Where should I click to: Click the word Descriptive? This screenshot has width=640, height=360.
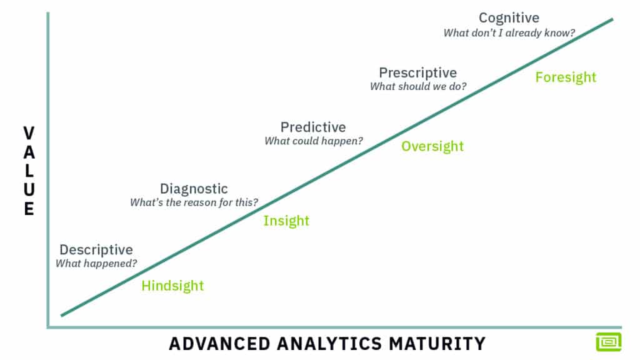point(96,250)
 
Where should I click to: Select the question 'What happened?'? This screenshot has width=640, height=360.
point(96,264)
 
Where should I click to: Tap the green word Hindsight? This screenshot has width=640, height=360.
point(172,286)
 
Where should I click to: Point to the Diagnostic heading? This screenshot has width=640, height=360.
point(194,189)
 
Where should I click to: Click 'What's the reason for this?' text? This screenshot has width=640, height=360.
point(194,202)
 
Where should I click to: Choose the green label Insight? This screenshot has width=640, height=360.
point(286,221)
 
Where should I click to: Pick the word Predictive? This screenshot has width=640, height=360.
point(312,127)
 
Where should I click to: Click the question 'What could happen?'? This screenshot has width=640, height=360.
point(313,141)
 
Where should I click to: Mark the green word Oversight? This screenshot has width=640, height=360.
point(432,146)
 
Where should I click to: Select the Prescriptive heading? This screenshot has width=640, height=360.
point(417,73)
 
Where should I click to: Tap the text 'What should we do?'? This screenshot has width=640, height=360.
point(417,87)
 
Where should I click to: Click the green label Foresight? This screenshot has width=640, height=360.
point(566,77)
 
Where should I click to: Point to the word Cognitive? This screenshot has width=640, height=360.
point(509,18)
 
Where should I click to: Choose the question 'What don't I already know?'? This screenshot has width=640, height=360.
point(509,32)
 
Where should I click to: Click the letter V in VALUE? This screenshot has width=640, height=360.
point(29,132)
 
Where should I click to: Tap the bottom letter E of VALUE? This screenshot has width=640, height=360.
point(29,209)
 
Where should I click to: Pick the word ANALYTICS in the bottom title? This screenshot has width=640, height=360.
point(324,344)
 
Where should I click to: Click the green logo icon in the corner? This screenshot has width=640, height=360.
point(608,341)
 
